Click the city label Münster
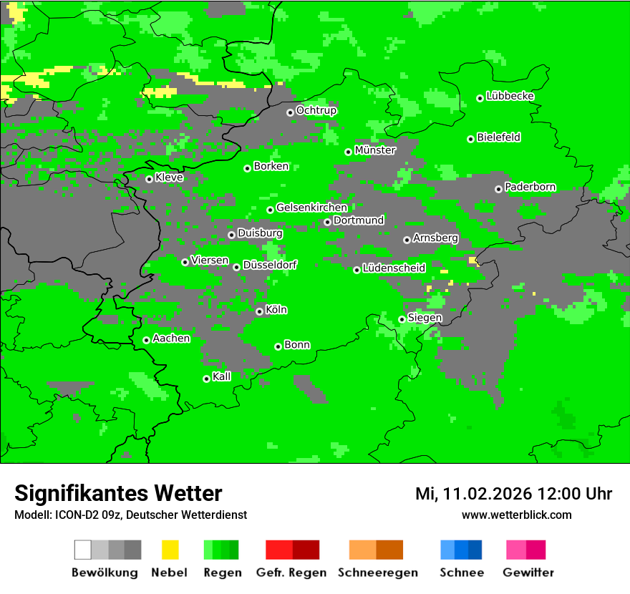(x=375, y=150)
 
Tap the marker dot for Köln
(x=259, y=311)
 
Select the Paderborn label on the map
(x=530, y=187)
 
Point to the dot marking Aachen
(x=146, y=340)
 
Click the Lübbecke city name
(x=510, y=96)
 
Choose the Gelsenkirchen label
(x=311, y=208)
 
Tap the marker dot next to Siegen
(x=402, y=319)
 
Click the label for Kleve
(x=169, y=177)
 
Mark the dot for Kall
(x=206, y=379)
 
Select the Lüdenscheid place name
(x=394, y=268)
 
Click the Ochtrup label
(x=316, y=110)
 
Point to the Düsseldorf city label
(x=270, y=265)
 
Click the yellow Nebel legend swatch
(x=170, y=550)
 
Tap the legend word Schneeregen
(x=377, y=573)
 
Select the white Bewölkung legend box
(x=83, y=550)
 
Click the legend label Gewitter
(x=528, y=573)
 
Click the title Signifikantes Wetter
(x=118, y=493)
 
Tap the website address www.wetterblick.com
(x=516, y=515)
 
